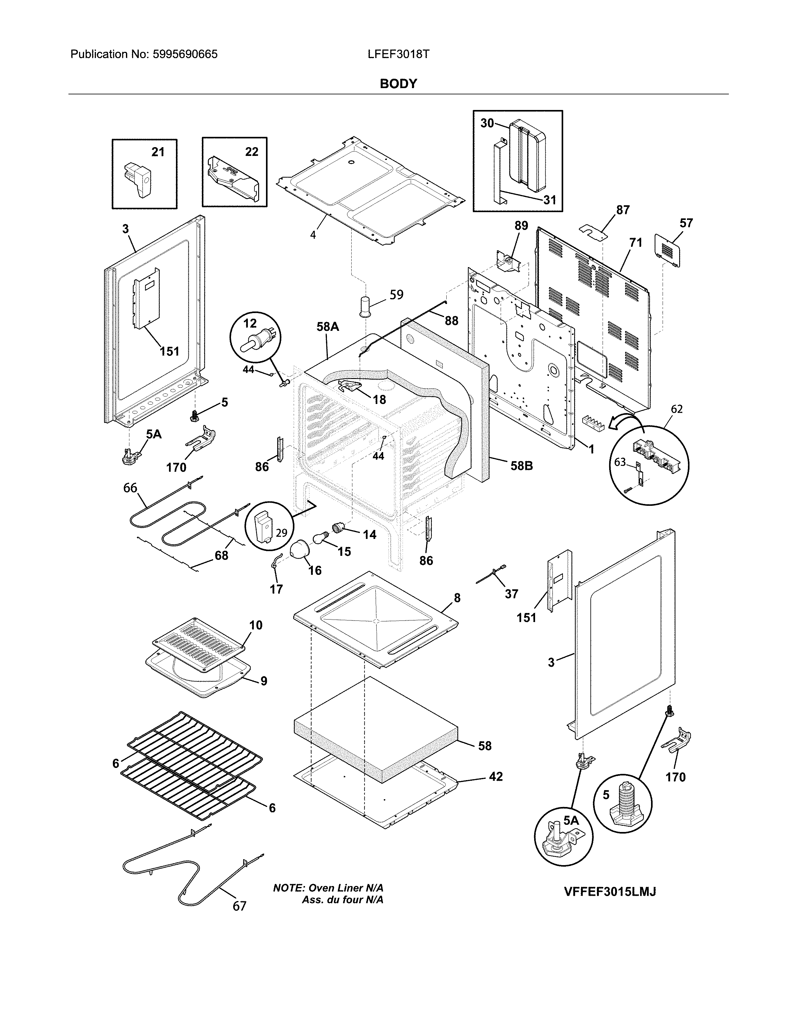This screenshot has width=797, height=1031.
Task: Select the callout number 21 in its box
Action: coord(158,152)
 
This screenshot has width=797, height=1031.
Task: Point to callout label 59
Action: coord(396,295)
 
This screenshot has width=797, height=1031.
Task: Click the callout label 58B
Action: coord(521,466)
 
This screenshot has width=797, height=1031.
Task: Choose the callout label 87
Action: coord(623,210)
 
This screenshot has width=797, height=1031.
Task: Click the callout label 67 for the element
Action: coord(239,906)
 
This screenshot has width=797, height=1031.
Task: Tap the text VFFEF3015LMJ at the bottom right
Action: coord(610,891)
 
